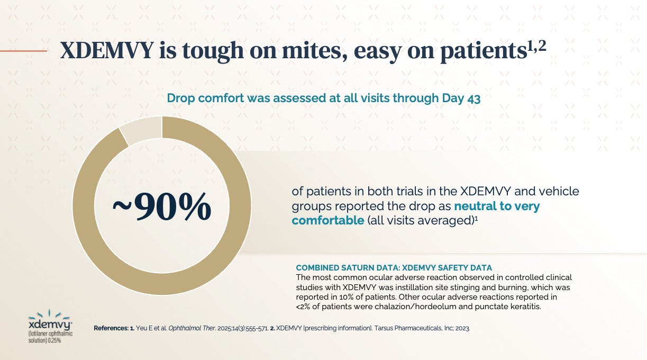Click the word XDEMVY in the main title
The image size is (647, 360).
(107, 51)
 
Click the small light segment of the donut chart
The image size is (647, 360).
(140, 130)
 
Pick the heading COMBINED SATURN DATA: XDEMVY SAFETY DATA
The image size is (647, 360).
(394, 268)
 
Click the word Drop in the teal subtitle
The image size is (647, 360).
(180, 98)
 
